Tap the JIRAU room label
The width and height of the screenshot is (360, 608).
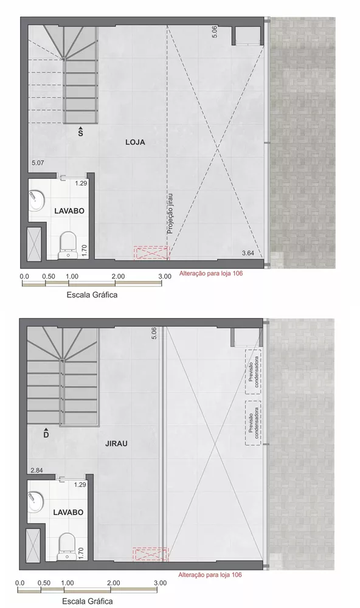pyautogui.click(x=132, y=443)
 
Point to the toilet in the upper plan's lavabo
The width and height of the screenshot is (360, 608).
pyautogui.click(x=67, y=244)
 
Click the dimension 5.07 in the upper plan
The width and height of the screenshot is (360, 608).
pyautogui.click(x=38, y=163)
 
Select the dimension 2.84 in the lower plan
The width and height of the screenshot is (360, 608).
pyautogui.click(x=37, y=471)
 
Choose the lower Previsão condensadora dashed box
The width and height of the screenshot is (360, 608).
pyautogui.click(x=252, y=422)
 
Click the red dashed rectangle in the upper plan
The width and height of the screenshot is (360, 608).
pyautogui.click(x=151, y=253)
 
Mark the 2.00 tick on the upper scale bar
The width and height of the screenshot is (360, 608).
pyautogui.click(x=119, y=276)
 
